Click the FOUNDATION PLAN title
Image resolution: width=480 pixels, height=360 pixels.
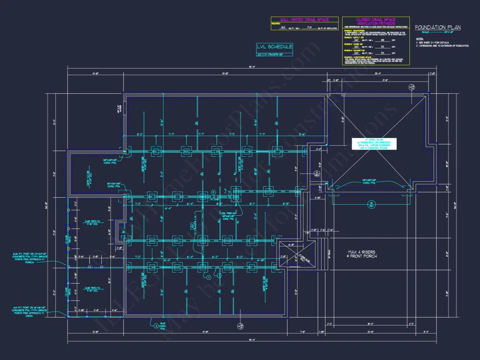click(437, 27)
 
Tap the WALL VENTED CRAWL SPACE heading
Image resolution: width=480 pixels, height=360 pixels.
click(304, 20)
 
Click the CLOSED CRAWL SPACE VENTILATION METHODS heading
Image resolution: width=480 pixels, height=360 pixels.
click(376, 21)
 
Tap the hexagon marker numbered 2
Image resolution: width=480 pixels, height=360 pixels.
click(209, 277)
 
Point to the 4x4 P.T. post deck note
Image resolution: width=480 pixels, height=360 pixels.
click(30, 312)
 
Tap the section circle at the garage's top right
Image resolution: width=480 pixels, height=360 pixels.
click(411, 88)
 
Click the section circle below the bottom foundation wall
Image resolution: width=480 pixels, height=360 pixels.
click(240, 326)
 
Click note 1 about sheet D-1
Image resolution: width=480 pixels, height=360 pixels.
click(434, 42)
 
